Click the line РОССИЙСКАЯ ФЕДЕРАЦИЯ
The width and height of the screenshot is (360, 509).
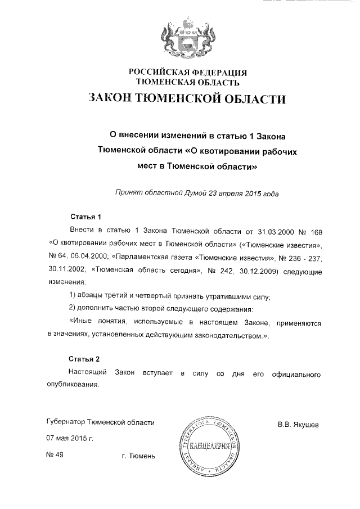click(188, 73)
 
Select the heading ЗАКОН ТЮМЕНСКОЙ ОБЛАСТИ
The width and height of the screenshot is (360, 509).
click(187, 100)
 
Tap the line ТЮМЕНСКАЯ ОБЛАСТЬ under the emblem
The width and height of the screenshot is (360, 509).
click(188, 82)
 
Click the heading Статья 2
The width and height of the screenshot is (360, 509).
click(84, 359)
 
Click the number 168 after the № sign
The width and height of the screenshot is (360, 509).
click(315, 231)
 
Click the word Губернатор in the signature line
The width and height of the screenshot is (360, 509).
click(67, 422)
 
